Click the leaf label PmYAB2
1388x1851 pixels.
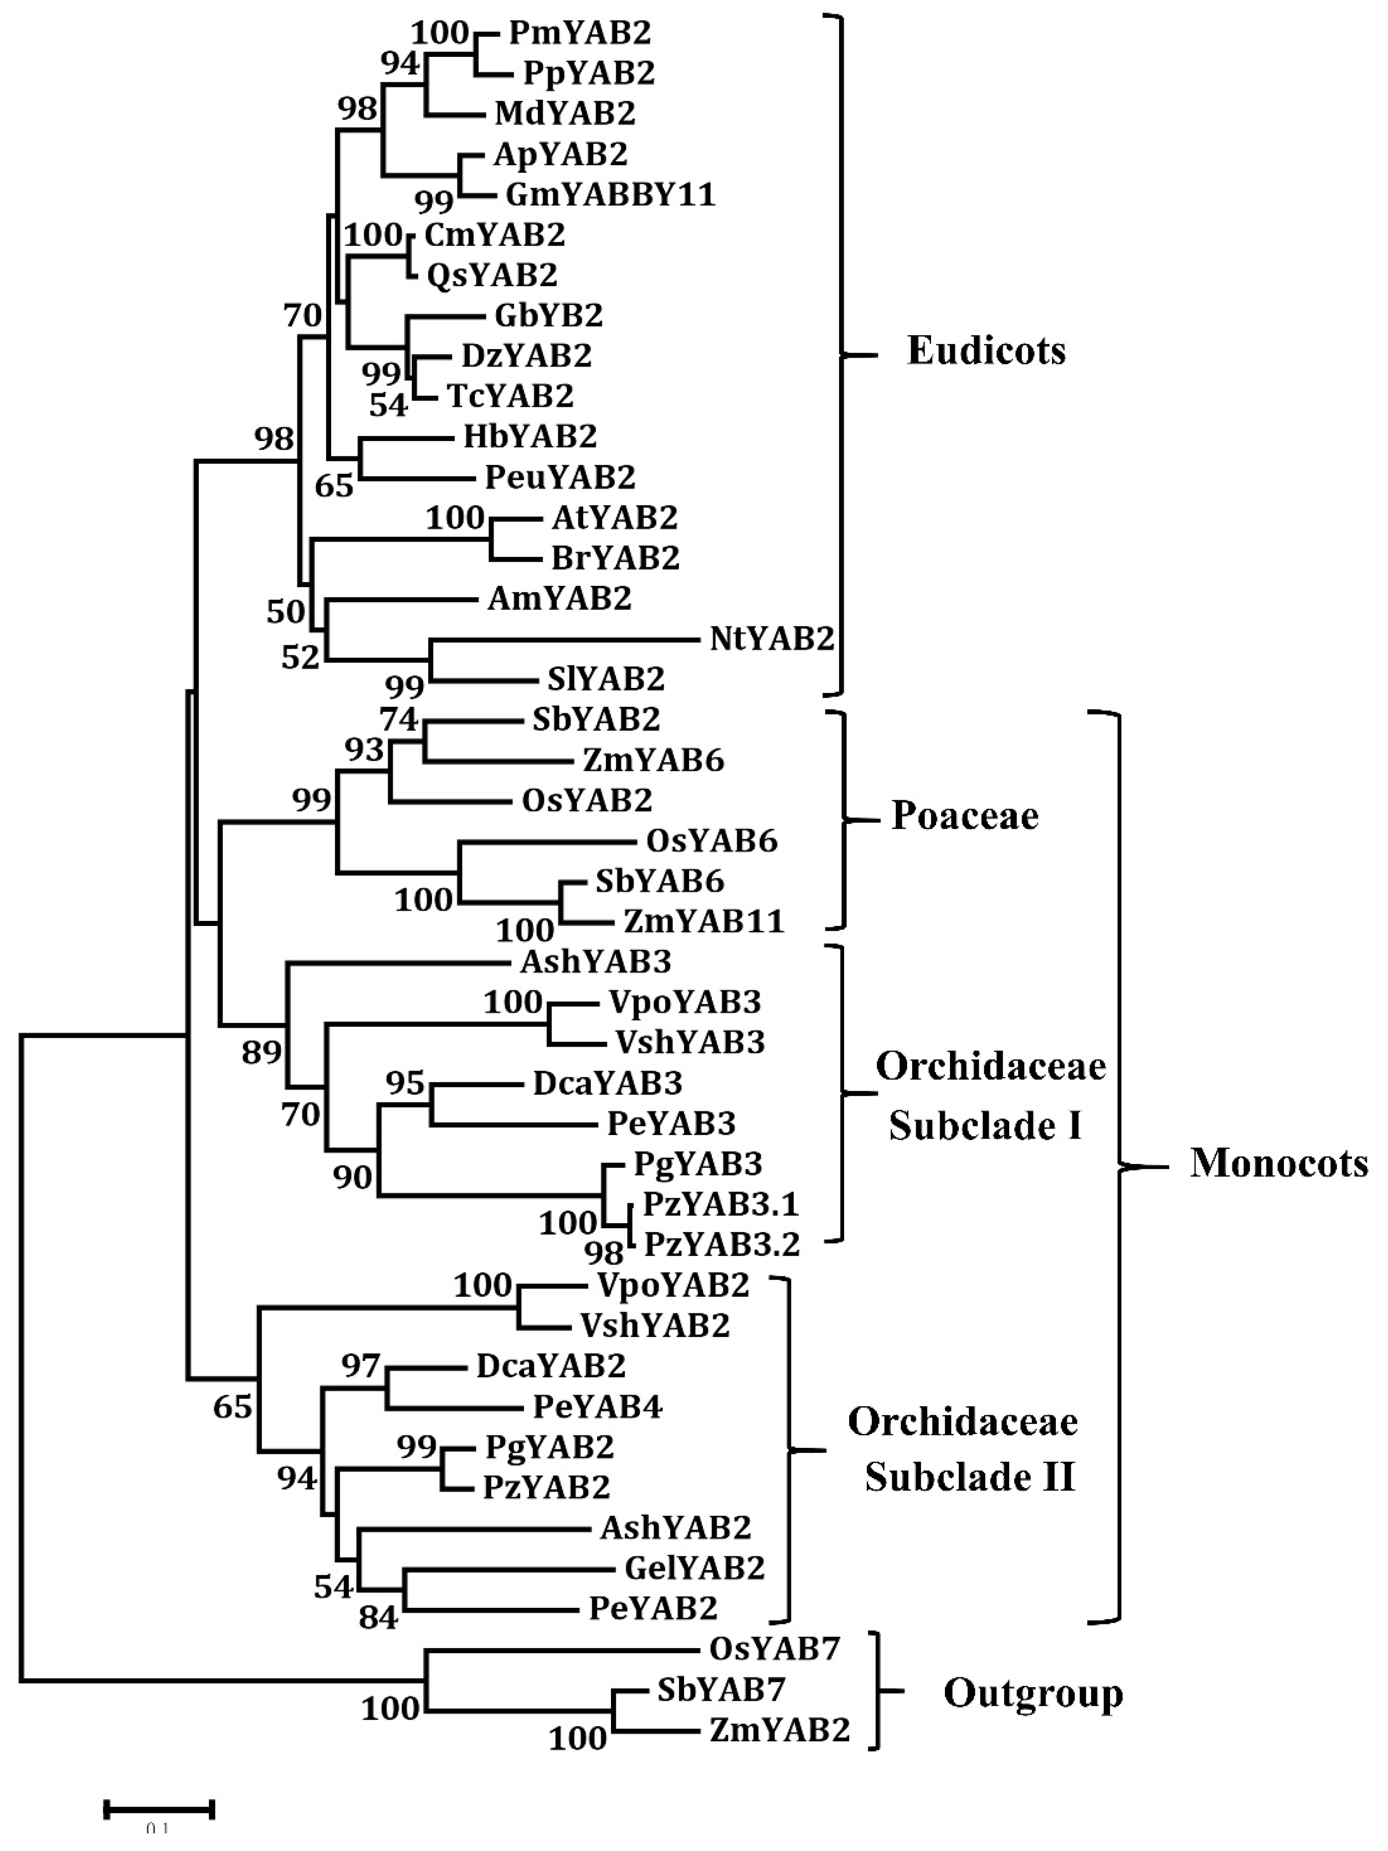point(580,33)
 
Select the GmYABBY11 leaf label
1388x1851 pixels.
point(610,195)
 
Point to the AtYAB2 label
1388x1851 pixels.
point(614,518)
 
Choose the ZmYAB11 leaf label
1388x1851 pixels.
point(703,921)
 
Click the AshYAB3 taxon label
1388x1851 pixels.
point(595,962)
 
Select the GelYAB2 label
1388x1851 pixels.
point(694,1567)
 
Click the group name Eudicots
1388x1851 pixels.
point(986,350)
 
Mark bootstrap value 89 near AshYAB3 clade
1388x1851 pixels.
point(261,1052)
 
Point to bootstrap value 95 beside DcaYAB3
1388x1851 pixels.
point(405,1083)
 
